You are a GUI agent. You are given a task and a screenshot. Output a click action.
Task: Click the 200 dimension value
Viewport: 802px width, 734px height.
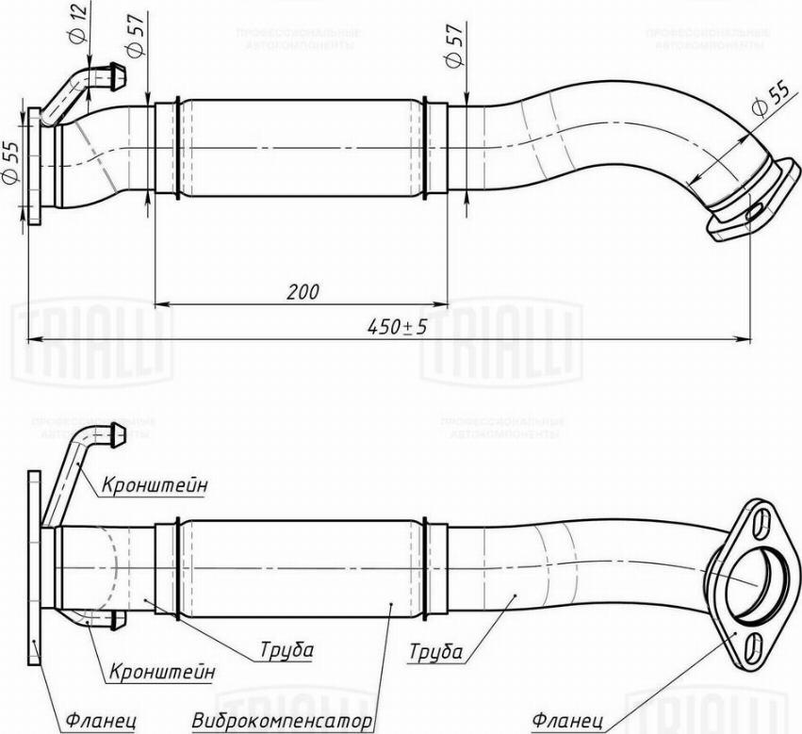click(x=302, y=291)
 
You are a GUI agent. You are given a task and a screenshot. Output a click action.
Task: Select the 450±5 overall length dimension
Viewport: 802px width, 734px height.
click(x=397, y=327)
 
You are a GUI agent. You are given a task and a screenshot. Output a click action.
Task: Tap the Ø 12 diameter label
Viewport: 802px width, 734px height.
click(x=79, y=23)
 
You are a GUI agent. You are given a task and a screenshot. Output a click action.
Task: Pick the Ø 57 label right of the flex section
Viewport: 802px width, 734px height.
click(x=454, y=43)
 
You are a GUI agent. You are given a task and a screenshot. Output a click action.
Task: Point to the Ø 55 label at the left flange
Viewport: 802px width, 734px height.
click(x=10, y=161)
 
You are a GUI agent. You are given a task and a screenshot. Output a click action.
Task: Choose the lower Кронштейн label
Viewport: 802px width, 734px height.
click(x=161, y=673)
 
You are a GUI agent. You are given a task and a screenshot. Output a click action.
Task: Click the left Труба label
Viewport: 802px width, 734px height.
click(x=287, y=650)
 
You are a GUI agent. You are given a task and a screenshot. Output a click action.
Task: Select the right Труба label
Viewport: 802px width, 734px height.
click(x=435, y=651)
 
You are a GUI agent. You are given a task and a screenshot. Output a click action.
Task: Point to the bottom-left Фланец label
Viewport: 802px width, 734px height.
click(x=102, y=722)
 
